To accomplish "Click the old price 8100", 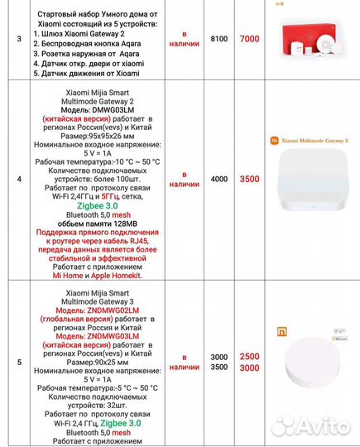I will click(218, 39).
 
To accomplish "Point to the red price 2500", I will click(248, 356).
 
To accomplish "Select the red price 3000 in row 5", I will click(248, 367).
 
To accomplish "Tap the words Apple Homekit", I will click(114, 276).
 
